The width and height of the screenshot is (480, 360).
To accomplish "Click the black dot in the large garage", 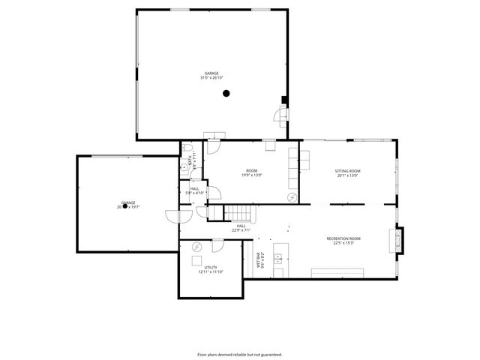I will (x=226, y=93).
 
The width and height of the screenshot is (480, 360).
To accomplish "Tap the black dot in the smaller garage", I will (x=125, y=205).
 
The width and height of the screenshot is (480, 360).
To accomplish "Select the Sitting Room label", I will (x=347, y=171).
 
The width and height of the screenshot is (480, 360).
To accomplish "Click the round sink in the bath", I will (x=184, y=169).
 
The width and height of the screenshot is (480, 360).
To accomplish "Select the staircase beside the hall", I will (x=237, y=212).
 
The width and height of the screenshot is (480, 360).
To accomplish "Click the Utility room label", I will (x=211, y=267).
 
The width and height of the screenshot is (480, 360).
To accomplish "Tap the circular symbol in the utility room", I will (x=198, y=247).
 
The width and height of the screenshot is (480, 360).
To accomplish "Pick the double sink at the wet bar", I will (x=277, y=259).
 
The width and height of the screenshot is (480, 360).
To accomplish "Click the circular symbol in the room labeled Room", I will (x=292, y=197).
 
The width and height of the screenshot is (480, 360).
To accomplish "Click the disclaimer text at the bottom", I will (x=239, y=354).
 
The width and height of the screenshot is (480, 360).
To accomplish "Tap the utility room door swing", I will (x=217, y=247).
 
